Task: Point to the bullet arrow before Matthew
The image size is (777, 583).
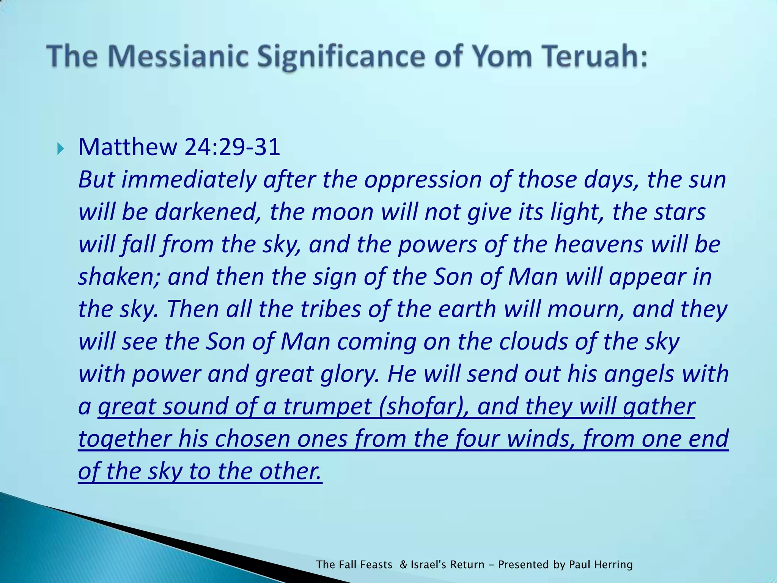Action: [61, 148]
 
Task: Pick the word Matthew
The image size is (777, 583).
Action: [127, 147]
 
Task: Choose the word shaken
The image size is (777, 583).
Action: [119, 277]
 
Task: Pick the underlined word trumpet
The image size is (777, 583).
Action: [327, 407]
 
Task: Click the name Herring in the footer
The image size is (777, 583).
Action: [613, 564]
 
